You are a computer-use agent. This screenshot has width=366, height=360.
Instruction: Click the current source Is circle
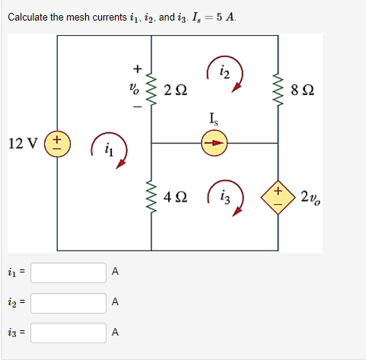(x=214, y=142)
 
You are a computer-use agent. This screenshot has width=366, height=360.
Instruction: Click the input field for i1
(x=68, y=272)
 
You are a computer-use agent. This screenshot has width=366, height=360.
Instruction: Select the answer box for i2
(x=68, y=302)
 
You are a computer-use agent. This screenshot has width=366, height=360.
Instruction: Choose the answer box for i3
(x=68, y=333)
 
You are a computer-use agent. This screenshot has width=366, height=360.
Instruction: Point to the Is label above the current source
(x=214, y=118)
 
